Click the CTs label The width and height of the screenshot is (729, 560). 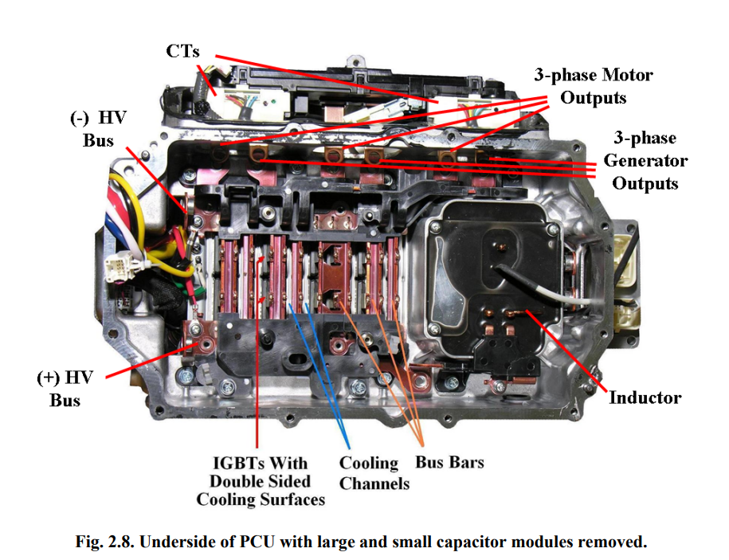click(182, 52)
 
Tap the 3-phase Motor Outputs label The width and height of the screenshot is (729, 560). click(594, 86)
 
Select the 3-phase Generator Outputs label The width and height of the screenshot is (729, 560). click(645, 160)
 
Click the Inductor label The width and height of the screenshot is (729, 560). click(645, 397)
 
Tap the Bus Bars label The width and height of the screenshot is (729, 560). click(449, 462)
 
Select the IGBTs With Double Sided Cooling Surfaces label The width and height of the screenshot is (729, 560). click(261, 481)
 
